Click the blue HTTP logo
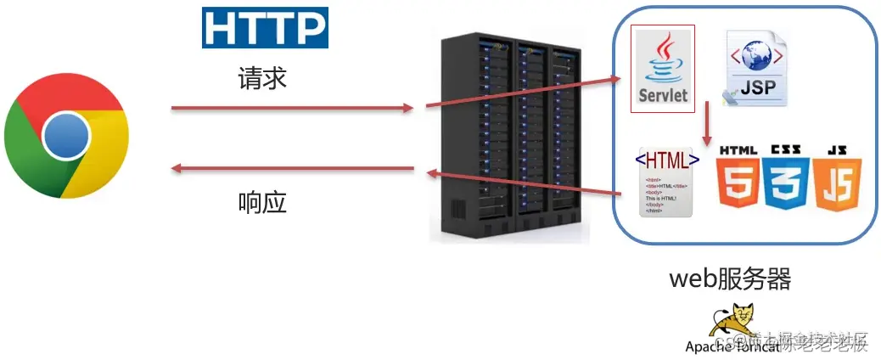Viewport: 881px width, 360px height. [265, 28]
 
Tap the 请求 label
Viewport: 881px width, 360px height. [262, 80]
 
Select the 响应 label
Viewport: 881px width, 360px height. [262, 202]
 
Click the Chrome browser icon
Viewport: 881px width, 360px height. [67, 135]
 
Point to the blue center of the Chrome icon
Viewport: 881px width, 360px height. [67, 136]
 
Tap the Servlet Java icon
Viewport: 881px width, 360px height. [663, 68]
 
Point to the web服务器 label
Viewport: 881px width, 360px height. [730, 279]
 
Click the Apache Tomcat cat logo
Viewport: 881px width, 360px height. [734, 322]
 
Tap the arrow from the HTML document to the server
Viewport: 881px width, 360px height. [526, 180]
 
